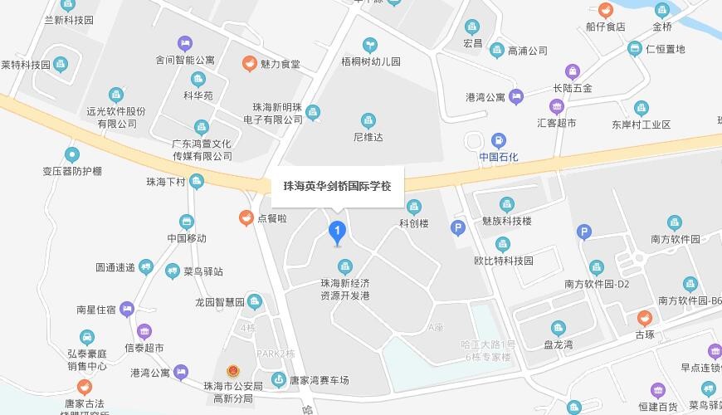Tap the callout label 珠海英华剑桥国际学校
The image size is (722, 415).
337,186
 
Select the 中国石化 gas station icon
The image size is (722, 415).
498,140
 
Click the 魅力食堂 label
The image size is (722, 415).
281,64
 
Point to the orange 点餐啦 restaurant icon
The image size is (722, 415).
246,218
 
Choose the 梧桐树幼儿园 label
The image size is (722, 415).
371,61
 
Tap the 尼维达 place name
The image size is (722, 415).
368,137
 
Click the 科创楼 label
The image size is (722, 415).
414,223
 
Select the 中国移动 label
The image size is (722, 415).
187,238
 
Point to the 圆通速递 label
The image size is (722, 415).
115,267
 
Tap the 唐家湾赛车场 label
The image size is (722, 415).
320,381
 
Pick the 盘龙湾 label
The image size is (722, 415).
559,345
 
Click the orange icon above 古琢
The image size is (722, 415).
645,318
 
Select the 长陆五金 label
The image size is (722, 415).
573,88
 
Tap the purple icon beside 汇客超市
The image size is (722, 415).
556,106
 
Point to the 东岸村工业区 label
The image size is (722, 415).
641,124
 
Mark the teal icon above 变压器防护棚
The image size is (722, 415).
72,154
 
